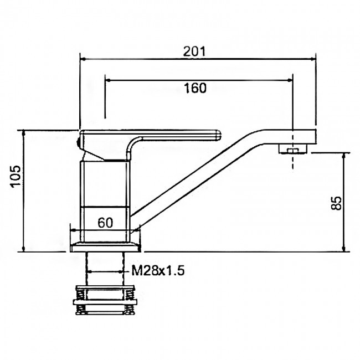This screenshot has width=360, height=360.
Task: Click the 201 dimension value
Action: point(194,52)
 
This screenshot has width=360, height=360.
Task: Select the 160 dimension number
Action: point(195,88)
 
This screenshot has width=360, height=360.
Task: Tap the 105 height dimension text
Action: point(16,176)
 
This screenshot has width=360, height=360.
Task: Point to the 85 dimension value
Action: point(336,203)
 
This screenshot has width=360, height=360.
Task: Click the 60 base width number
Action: point(105,223)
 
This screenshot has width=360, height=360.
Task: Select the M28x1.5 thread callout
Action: point(158,270)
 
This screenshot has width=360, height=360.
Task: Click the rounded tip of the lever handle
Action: point(218,135)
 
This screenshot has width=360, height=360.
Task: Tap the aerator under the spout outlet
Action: point(293,149)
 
